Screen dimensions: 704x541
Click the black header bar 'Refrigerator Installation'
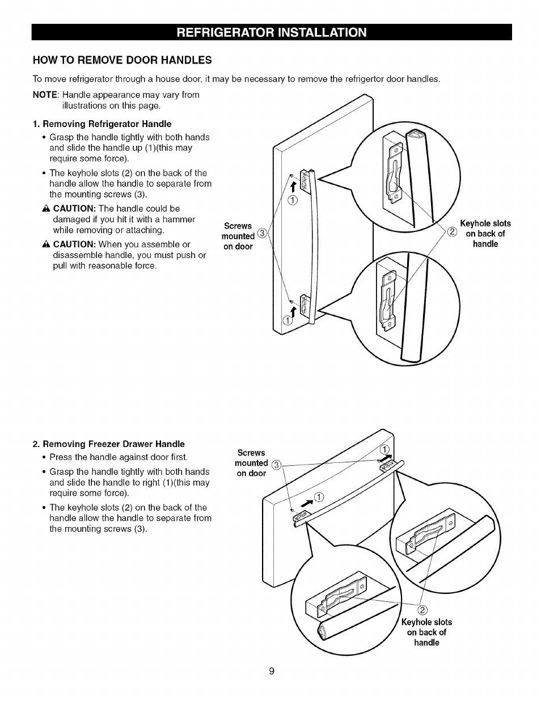point(272,32)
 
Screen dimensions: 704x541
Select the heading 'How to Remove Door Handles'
point(122,60)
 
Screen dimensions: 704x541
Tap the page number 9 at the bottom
point(272,671)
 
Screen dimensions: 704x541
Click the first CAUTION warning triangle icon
point(47,209)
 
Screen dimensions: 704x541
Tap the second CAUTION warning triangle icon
point(47,244)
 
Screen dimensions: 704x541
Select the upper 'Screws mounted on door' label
point(238,236)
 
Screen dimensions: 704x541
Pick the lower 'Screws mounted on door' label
point(251,463)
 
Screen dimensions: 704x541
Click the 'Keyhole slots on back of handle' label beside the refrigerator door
point(485,234)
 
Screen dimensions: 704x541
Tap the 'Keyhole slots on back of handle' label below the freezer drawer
point(426,632)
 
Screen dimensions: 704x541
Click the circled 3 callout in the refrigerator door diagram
point(261,232)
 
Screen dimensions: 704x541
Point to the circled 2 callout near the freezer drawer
point(422,610)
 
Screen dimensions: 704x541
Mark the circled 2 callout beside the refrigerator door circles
point(453,231)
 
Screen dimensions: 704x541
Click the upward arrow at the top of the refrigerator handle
point(294,188)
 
